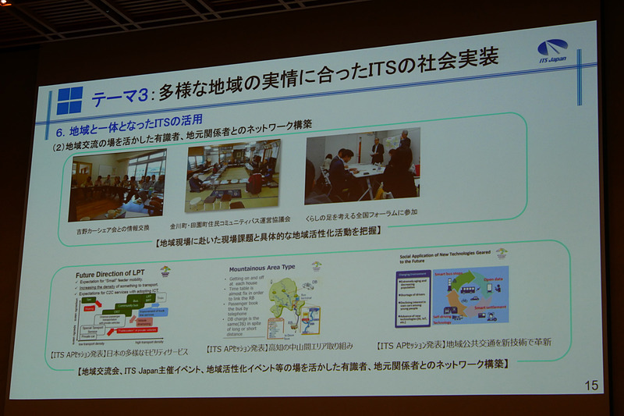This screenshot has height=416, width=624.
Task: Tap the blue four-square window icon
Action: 69,101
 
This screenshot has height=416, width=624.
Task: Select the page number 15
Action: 590,385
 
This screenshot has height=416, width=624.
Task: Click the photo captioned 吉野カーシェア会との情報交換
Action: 116,186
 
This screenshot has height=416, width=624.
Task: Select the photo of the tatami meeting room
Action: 232,175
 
